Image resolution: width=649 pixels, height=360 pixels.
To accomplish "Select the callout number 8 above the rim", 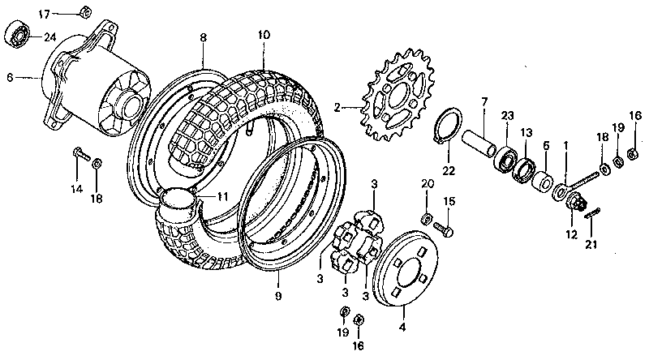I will tap(204, 36).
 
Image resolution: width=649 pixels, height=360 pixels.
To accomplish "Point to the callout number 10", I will tap(264, 36).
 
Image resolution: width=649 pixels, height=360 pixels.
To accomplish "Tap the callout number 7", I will tap(484, 102).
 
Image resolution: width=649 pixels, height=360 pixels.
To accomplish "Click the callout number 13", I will tap(527, 131).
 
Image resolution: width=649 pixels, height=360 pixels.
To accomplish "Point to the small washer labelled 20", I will tap(427, 218).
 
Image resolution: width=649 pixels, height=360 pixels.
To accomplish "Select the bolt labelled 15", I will tap(444, 229).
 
